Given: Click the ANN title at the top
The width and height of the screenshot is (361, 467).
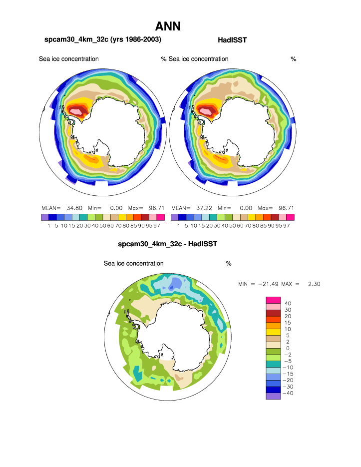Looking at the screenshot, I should pyautogui.click(x=168, y=26).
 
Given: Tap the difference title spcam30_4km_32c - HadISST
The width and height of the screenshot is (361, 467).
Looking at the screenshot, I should pyautogui.click(x=168, y=244).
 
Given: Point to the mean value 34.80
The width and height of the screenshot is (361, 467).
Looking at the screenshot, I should pyautogui.click(x=74, y=208).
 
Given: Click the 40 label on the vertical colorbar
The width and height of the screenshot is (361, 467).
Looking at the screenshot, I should pyautogui.click(x=288, y=303).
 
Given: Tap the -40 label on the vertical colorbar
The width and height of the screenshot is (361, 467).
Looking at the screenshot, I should pyautogui.click(x=289, y=393).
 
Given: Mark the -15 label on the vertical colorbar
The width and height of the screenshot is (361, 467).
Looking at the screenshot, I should pyautogui.click(x=289, y=374).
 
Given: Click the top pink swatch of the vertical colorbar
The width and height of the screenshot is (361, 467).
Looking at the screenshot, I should pyautogui.click(x=273, y=300).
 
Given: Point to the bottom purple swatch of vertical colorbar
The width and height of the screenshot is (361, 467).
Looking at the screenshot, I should pyautogui.click(x=273, y=396).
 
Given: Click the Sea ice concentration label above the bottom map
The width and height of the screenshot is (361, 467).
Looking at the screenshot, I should pyautogui.click(x=133, y=263).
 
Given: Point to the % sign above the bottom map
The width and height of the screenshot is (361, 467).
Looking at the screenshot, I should pyautogui.click(x=228, y=263).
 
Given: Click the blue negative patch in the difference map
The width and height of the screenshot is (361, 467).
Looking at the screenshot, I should pyautogui.click(x=175, y=285).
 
